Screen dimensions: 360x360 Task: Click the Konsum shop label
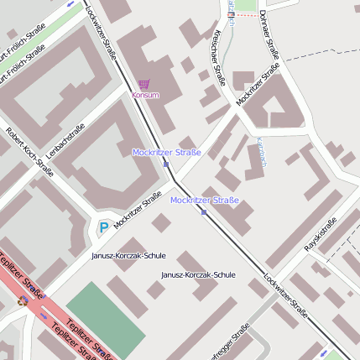145,95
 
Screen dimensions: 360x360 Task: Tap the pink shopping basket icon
144,84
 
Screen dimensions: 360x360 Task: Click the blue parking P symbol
103,227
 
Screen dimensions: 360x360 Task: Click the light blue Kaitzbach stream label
261,152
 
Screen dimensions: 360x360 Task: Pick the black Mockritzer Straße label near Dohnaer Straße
258,86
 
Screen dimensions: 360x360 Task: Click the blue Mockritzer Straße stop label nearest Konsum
166,152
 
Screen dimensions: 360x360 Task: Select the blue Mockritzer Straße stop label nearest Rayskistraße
204,201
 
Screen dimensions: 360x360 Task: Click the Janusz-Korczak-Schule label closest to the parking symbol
128,255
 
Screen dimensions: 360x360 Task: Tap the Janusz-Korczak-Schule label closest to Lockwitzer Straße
198,274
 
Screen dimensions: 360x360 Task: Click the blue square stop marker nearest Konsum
166,164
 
